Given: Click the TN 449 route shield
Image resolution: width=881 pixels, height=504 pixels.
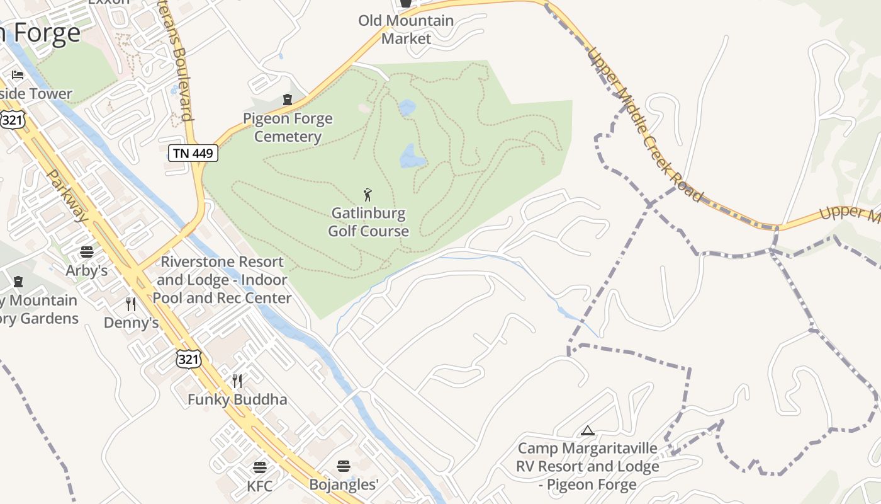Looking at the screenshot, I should [193, 152].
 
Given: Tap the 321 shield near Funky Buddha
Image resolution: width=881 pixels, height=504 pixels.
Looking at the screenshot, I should [189, 359].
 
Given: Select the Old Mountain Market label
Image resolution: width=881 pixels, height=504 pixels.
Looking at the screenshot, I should [406, 29].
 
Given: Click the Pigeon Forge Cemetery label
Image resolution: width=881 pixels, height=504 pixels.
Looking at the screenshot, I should [288, 127].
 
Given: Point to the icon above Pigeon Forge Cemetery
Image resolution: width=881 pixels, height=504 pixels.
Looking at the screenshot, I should [288, 99].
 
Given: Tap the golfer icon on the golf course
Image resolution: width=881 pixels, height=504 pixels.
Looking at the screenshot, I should [368, 195].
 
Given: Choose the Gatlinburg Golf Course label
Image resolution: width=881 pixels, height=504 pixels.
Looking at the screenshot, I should [368, 222].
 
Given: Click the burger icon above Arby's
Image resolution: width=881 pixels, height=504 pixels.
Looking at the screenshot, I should [87, 252].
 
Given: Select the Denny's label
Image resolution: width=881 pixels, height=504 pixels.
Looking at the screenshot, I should [131, 323].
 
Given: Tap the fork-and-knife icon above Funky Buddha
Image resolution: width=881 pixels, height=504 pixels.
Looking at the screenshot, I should [237, 381].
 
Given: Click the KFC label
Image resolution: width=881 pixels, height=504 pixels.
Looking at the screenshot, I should [260, 486].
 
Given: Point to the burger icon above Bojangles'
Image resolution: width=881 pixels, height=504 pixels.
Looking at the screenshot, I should [344, 466].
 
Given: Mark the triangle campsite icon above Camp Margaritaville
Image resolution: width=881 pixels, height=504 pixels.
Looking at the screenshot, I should [588, 431].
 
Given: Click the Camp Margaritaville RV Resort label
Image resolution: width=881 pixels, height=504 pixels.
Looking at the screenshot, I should [588, 466].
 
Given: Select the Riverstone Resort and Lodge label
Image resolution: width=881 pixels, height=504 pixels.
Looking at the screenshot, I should [222, 280].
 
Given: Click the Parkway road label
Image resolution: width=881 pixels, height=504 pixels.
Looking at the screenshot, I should [68, 195].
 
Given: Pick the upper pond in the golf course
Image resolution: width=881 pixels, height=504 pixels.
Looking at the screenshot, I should [407, 108].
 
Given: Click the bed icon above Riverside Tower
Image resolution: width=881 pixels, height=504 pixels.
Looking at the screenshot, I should [18, 75].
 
